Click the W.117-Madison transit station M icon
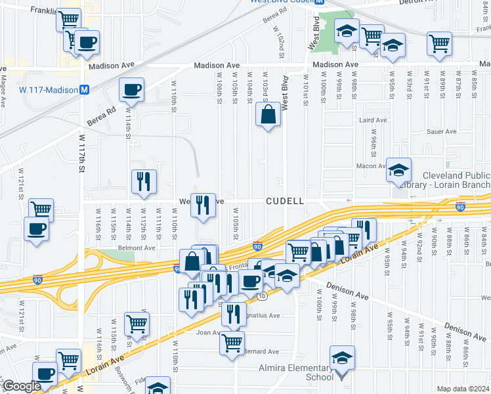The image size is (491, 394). click(x=84, y=89)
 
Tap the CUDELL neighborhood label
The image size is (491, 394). click(x=285, y=201)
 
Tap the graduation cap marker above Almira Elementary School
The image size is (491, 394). click(x=342, y=358)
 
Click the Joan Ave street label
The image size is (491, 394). click(x=207, y=332)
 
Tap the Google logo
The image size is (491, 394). click(x=21, y=387)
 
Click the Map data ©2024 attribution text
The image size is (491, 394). click(x=463, y=389)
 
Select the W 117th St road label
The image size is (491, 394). click(x=83, y=154)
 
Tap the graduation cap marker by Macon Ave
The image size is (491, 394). click(x=398, y=170)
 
